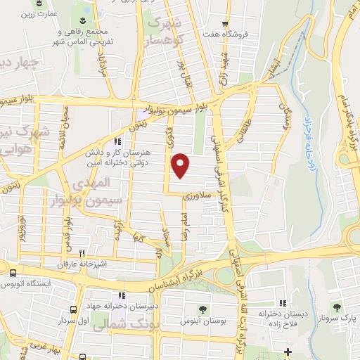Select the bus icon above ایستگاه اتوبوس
pos(13,272)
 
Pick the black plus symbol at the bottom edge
pos(288,352)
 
